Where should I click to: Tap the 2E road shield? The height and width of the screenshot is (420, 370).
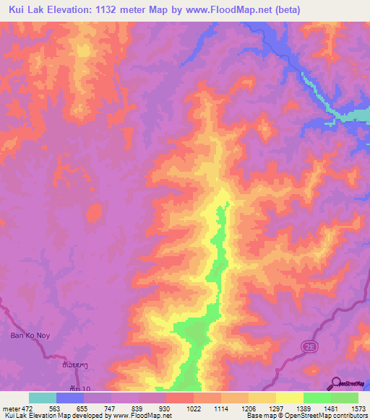click(307, 348)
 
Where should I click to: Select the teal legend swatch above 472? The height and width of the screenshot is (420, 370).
click(43, 398)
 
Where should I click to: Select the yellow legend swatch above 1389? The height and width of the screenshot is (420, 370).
click(289, 398)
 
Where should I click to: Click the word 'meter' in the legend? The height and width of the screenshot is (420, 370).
click(12, 408)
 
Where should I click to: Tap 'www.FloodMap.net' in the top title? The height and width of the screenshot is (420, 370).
click(222, 10)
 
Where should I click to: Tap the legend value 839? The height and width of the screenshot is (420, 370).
click(132, 408)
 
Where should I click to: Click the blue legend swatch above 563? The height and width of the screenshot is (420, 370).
click(70, 398)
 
